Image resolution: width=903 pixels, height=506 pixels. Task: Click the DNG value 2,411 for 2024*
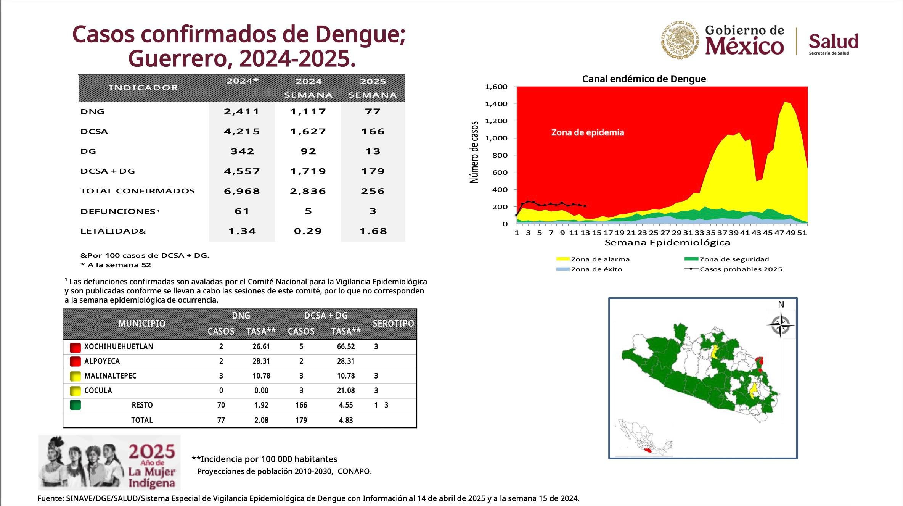(242, 111)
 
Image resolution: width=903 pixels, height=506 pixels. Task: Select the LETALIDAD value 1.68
(373, 231)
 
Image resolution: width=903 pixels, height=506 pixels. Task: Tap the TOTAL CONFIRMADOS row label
(138, 191)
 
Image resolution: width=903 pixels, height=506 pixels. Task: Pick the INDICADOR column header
(143, 88)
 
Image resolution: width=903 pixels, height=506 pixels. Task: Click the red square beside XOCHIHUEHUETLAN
(76, 347)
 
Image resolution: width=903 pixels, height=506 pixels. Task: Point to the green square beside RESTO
(76, 404)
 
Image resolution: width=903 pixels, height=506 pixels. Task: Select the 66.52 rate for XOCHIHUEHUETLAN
(346, 346)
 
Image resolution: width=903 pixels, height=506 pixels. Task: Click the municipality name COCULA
(98, 390)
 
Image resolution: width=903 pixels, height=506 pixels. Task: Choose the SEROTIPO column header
(393, 323)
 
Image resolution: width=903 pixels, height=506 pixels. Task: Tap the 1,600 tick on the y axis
(496, 87)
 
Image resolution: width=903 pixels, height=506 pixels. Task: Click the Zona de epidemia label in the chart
(588, 132)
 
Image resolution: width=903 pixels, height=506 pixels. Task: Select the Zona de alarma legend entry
(593, 259)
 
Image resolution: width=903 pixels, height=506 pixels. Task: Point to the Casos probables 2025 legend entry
(733, 269)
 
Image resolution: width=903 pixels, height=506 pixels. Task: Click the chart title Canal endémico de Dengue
(644, 79)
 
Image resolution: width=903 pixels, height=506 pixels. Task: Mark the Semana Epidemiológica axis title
(667, 243)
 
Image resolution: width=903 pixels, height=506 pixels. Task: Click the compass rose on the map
(781, 325)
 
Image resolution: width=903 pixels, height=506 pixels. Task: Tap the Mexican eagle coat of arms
(680, 40)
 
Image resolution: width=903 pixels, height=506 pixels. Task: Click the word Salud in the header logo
(834, 41)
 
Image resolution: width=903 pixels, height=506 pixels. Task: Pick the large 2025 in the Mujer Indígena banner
(152, 452)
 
